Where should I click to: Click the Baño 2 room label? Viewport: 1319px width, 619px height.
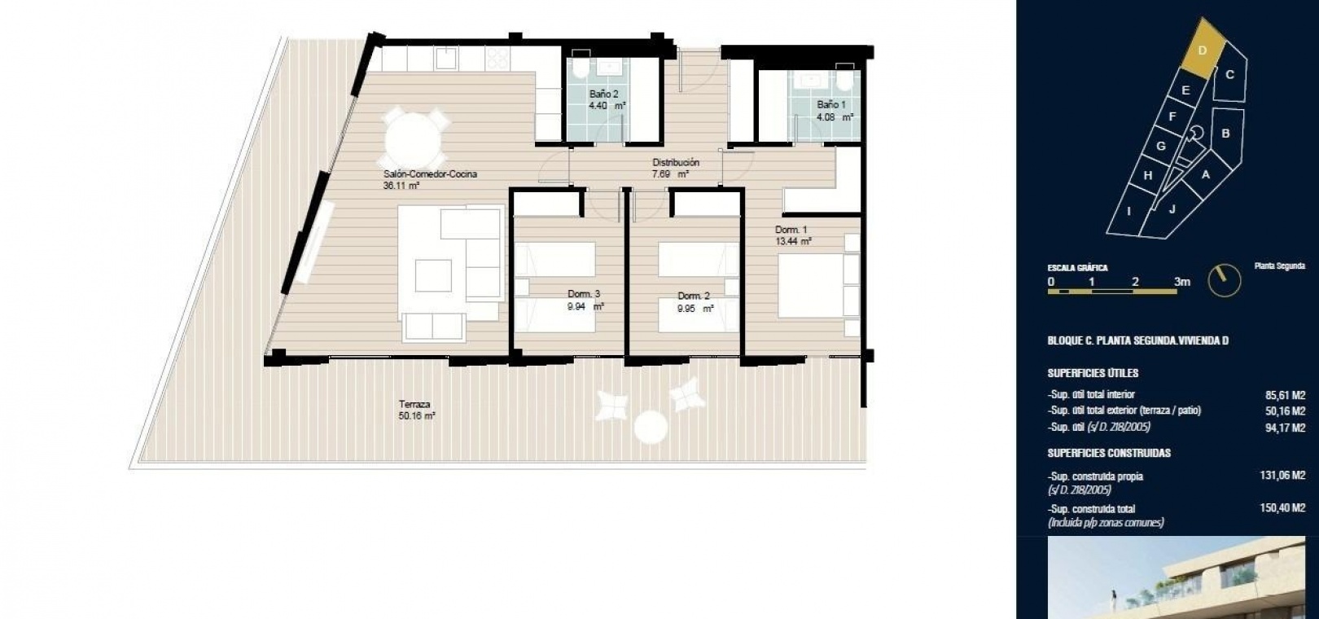click(607, 99)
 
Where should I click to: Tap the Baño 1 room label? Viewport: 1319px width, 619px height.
click(835, 111)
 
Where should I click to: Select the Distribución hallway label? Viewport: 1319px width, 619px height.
click(676, 168)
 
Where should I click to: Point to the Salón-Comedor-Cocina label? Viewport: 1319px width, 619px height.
click(430, 180)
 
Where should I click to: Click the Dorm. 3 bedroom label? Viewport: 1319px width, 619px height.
click(585, 300)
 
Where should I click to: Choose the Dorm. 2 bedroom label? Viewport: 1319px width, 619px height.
click(695, 301)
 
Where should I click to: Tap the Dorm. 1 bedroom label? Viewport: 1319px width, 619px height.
click(793, 235)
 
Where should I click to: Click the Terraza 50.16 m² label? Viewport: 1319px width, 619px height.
click(417, 410)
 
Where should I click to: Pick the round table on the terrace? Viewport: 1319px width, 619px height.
click(651, 425)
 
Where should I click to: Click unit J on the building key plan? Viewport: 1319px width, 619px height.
click(1172, 209)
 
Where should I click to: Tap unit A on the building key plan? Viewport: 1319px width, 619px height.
click(1205, 174)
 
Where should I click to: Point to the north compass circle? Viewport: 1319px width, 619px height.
click(1225, 280)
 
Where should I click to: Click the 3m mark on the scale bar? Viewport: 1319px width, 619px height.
click(1181, 282)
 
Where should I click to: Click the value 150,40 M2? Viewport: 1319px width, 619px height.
click(1282, 507)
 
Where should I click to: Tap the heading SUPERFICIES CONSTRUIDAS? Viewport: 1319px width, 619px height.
click(1109, 453)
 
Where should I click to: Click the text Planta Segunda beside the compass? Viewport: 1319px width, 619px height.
click(1280, 266)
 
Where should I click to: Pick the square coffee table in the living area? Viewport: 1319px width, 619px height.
click(433, 275)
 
